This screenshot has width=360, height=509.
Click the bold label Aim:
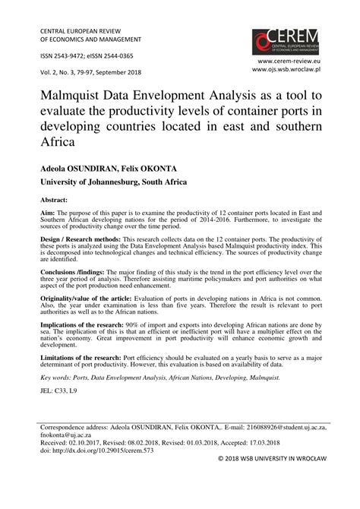click(39, 214)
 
